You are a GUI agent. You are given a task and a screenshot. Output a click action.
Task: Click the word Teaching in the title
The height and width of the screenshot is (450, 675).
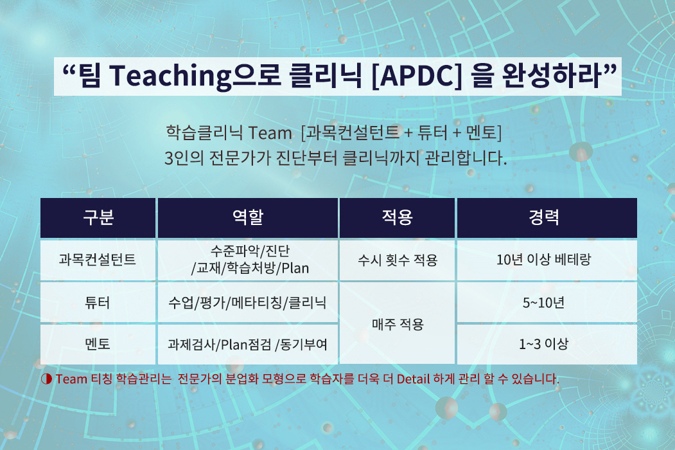[x=171, y=76]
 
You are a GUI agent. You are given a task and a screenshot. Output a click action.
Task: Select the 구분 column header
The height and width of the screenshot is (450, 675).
[x=98, y=218]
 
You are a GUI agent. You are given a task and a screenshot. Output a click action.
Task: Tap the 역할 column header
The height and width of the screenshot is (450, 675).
[x=248, y=218]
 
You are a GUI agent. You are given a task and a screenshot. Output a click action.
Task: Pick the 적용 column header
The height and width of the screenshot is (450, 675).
[x=398, y=218]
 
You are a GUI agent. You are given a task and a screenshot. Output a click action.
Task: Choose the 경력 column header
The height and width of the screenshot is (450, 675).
[x=547, y=218]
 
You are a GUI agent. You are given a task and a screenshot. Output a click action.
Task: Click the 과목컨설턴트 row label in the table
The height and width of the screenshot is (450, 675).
[x=98, y=260]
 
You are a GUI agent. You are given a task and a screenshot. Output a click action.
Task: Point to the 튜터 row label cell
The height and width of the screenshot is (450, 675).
[x=98, y=302]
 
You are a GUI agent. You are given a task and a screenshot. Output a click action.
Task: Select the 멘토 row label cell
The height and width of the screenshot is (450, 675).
[x=98, y=344]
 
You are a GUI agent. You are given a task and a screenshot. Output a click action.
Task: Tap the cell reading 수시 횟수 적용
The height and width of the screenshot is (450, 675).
[x=398, y=260]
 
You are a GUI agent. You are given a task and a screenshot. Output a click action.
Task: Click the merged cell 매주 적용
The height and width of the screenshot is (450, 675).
[x=398, y=323]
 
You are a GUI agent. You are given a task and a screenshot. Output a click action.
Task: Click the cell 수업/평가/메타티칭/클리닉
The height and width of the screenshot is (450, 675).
[x=248, y=302]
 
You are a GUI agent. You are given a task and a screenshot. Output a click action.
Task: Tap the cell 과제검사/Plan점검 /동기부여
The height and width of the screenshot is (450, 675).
[x=248, y=344]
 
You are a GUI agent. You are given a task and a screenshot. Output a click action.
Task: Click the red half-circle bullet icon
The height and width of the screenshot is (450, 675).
[x=46, y=379]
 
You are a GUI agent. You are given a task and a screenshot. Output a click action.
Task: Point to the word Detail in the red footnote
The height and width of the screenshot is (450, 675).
[x=413, y=379]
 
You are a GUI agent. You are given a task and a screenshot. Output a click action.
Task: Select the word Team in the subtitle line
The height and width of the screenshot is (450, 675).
[x=270, y=133]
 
